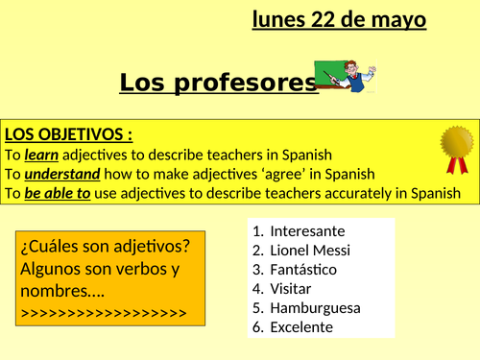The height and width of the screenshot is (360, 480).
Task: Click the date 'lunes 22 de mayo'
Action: tap(339, 19)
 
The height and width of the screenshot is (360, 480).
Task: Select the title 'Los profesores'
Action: tap(218, 84)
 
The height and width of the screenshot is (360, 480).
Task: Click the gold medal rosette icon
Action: tap(456, 149)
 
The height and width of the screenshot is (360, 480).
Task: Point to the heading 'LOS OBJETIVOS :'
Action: tap(68, 132)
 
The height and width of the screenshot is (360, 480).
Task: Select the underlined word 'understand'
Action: tap(60, 174)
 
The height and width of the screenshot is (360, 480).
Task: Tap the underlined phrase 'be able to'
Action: tap(58, 194)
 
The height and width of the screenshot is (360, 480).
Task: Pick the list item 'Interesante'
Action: tap(307, 231)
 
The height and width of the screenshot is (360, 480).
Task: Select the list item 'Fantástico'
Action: tap(306, 270)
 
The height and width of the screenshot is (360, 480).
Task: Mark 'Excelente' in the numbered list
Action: tap(301, 327)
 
